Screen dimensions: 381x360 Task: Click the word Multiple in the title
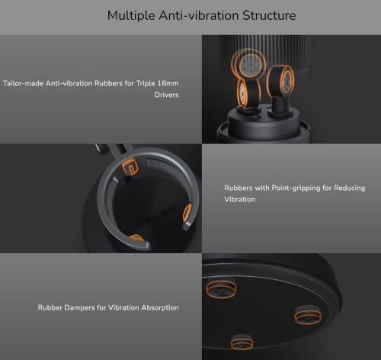(x=131, y=16)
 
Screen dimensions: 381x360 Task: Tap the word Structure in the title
(x=269, y=15)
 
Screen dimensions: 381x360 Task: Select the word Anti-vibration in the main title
(x=199, y=15)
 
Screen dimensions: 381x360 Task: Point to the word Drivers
(x=166, y=95)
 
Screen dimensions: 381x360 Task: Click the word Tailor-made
(x=23, y=83)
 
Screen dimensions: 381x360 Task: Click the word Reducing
(x=350, y=188)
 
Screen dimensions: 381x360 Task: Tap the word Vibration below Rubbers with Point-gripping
(x=240, y=199)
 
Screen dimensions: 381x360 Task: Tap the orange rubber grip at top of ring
(x=130, y=166)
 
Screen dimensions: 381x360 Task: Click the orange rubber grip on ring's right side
(x=187, y=213)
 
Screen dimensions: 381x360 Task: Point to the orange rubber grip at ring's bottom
(x=136, y=238)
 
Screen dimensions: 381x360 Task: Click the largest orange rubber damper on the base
(x=221, y=289)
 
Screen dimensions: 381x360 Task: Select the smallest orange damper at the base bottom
(x=242, y=342)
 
